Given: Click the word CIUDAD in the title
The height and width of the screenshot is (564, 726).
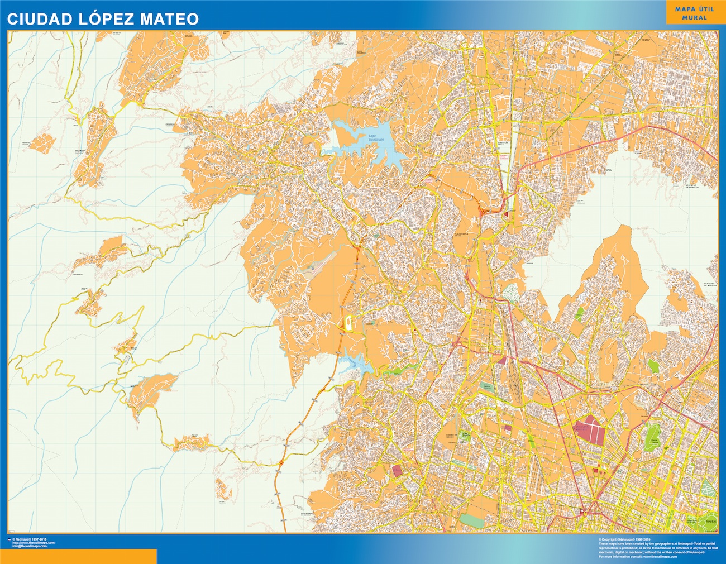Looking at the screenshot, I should [31, 18].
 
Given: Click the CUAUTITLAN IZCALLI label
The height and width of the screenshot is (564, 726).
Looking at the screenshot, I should [505, 144].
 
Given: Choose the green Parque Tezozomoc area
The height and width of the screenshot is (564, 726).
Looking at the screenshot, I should [488, 389].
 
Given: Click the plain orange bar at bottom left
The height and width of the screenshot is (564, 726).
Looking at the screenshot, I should [78, 556].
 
